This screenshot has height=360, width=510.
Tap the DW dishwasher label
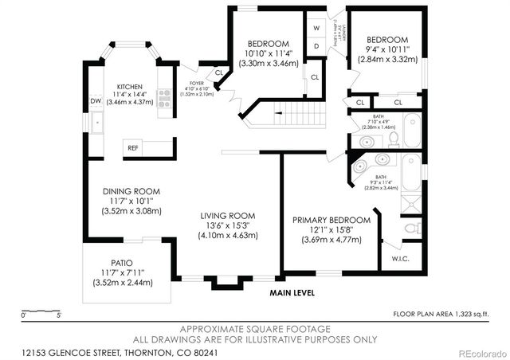pyautogui.click(x=95, y=101)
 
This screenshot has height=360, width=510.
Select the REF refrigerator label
pyautogui.click(x=132, y=147)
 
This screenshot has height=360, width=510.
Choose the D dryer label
pyautogui.click(x=316, y=46)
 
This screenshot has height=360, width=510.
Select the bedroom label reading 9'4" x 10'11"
pyautogui.click(x=387, y=40)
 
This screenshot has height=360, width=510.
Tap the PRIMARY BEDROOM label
pyautogui.click(x=331, y=220)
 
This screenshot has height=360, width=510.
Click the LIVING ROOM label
pyautogui.click(x=228, y=215)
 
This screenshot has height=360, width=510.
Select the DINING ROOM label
pyautogui.click(x=131, y=191)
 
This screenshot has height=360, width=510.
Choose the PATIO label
pyautogui.click(x=121, y=262)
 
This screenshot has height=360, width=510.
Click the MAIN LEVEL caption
pyautogui.click(x=292, y=292)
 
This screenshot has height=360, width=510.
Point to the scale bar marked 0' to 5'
pyautogui.click(x=41, y=311)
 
